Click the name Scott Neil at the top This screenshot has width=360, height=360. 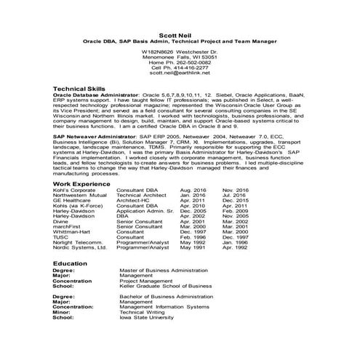(x=178, y=34)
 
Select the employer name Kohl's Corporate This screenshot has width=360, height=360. (x=74, y=191)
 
